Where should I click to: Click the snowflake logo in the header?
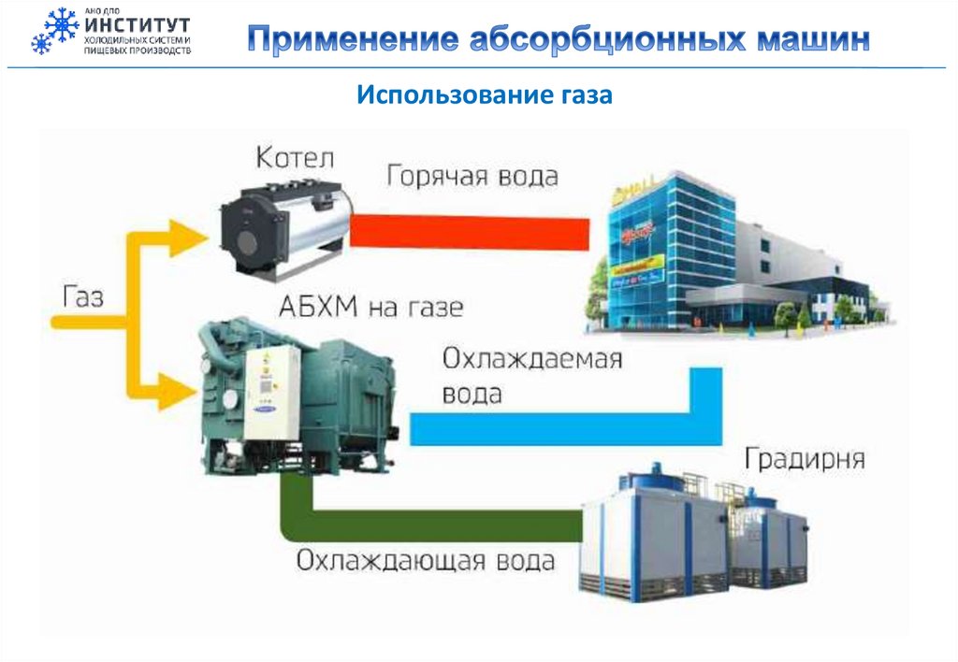[x=55, y=31]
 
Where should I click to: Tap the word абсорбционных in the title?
[x=604, y=40]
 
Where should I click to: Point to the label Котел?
[x=293, y=156]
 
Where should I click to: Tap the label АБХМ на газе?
[x=370, y=307]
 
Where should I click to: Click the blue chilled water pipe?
[x=561, y=429]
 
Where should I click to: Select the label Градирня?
[x=805, y=459]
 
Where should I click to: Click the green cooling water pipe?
[x=440, y=524]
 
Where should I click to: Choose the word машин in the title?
[x=811, y=40]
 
